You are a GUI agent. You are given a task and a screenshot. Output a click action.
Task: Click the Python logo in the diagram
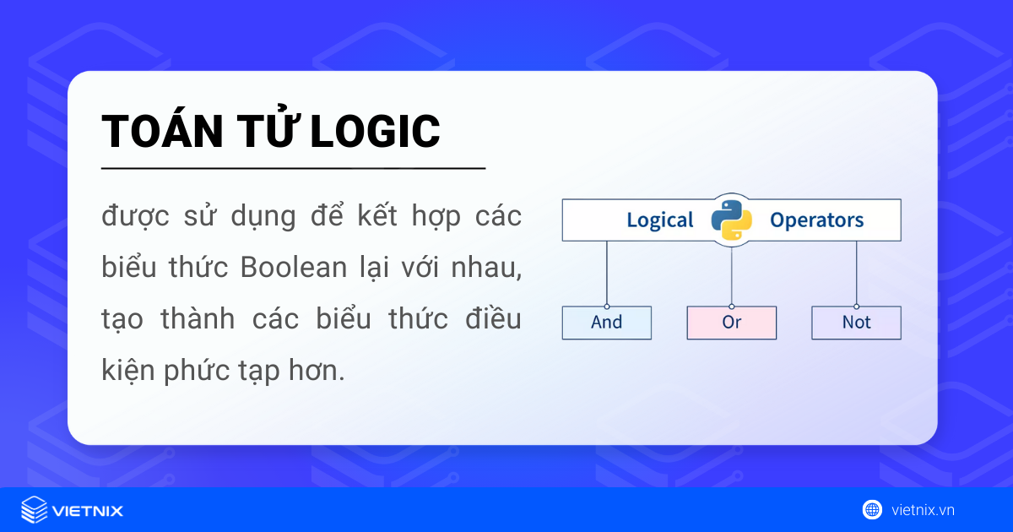coord(731,220)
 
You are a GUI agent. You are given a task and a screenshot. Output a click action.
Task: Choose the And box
coord(607,323)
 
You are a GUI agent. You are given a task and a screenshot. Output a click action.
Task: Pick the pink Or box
coord(731,323)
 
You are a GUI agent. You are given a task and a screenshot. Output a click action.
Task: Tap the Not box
coord(856,323)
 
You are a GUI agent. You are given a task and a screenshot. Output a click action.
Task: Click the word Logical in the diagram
coord(659,220)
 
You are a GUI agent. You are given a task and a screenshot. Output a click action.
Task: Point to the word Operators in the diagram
coord(816,220)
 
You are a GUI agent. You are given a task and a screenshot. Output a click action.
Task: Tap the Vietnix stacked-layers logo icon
coord(35,510)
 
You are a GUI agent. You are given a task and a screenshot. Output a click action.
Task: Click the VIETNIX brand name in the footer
coord(88,510)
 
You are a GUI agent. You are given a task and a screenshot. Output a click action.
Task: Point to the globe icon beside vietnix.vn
coord(872,509)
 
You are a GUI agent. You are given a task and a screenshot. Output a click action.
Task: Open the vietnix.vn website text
coord(923,510)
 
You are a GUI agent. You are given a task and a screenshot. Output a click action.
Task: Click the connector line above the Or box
coord(731,277)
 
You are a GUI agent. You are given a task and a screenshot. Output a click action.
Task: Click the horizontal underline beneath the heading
coord(293,169)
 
